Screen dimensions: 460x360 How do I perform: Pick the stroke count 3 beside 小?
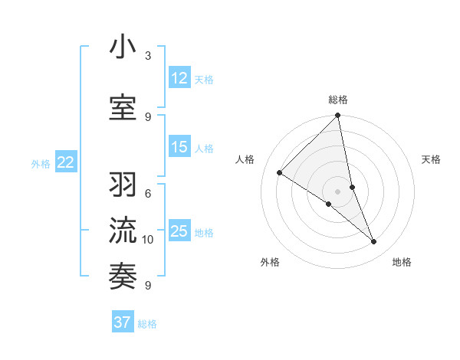click(148, 57)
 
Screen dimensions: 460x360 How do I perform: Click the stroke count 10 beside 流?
click(148, 240)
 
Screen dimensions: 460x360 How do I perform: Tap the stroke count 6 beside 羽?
click(148, 194)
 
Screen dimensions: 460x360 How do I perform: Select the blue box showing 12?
click(179, 78)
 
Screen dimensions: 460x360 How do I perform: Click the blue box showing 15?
click(179, 148)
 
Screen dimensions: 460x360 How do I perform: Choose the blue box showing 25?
click(179, 231)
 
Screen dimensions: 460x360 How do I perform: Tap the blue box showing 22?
click(66, 162)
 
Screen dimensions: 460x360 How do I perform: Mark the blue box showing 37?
click(123, 322)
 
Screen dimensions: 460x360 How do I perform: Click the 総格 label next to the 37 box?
click(147, 324)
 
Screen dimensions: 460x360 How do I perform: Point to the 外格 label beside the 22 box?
click(41, 163)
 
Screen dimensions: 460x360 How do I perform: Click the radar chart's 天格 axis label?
click(431, 159)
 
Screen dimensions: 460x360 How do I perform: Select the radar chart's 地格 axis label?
click(402, 262)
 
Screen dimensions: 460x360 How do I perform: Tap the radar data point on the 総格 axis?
click(337, 116)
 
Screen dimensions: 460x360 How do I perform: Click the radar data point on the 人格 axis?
click(280, 173)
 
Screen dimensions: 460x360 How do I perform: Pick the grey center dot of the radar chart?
click(337, 191)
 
